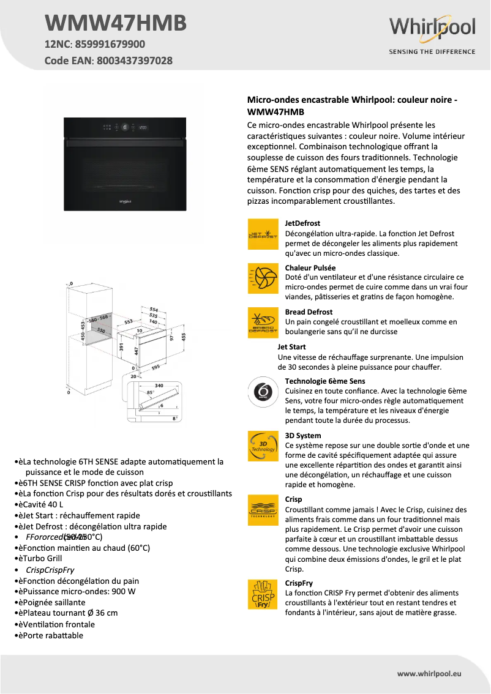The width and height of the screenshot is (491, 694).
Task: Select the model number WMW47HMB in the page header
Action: [x=116, y=23]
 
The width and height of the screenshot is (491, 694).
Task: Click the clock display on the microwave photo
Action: [x=143, y=127]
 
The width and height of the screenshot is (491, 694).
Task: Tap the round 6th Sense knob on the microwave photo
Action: [x=125, y=127]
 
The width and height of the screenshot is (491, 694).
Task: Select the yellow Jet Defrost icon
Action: [x=263, y=234]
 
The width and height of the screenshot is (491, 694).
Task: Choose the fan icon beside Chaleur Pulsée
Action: [x=263, y=278]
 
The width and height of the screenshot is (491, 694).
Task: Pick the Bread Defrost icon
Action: [x=263, y=323]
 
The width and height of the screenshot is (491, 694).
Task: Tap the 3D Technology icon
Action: [x=263, y=446]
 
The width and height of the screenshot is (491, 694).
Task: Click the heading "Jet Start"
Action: [x=291, y=347]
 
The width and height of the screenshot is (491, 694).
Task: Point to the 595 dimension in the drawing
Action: [x=156, y=367]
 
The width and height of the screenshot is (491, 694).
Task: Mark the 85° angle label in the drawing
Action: [x=149, y=392]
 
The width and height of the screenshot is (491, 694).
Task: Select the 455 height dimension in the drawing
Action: [x=183, y=335]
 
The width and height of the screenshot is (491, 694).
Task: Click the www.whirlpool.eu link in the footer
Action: [x=429, y=673]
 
